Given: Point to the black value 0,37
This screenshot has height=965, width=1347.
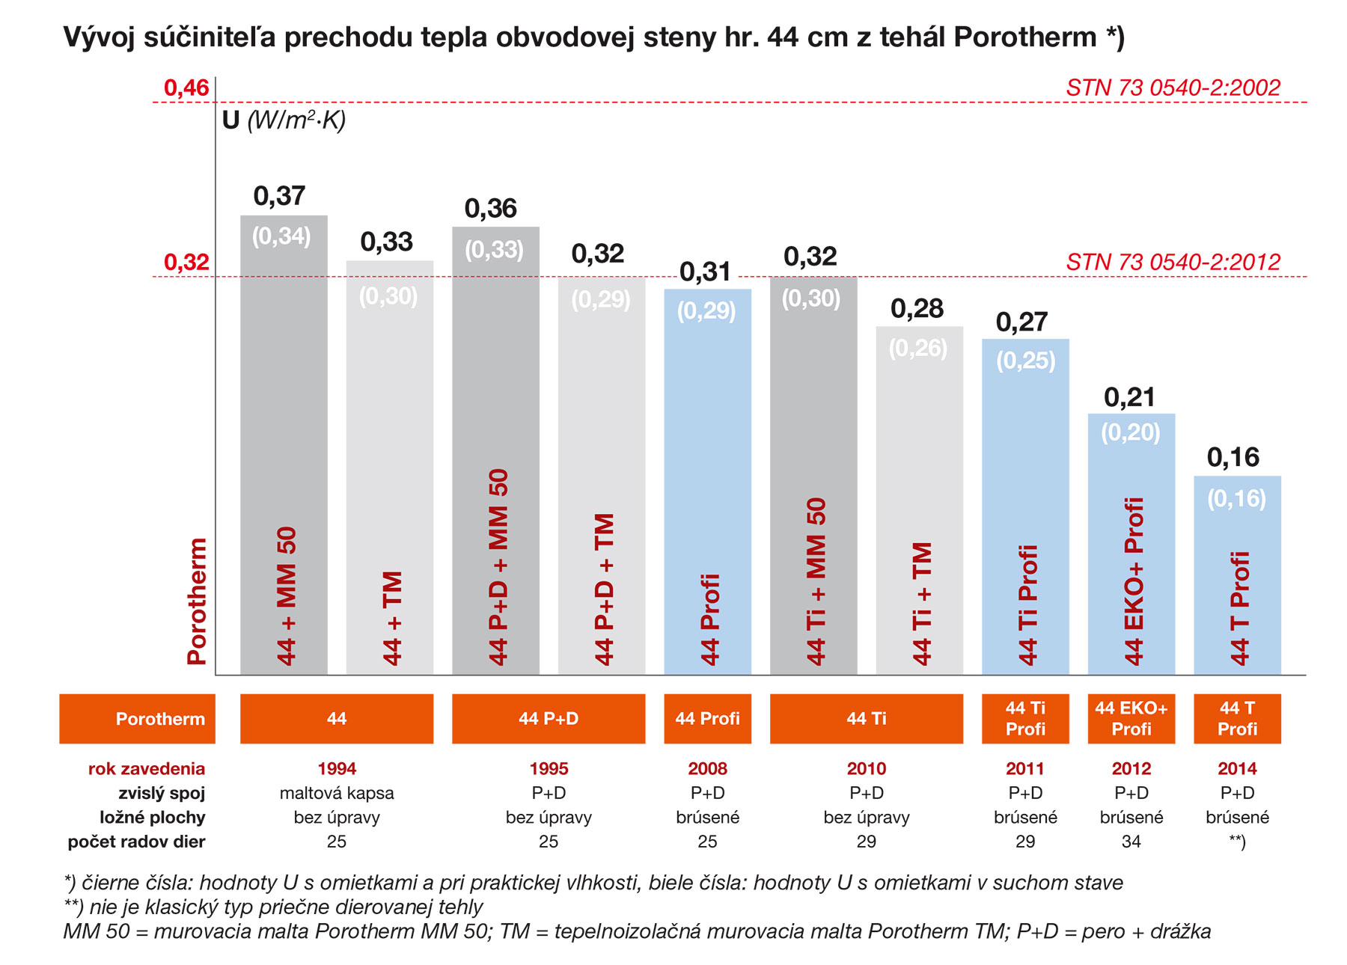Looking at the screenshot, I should (x=279, y=196).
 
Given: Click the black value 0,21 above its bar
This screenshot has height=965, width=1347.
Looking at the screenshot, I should (x=1129, y=397).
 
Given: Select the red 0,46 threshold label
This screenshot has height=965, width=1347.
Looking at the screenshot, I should (x=186, y=88).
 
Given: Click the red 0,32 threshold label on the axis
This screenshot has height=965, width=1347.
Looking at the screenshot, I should (x=186, y=263).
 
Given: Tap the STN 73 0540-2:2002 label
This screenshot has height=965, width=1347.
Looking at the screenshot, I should (x=1173, y=88).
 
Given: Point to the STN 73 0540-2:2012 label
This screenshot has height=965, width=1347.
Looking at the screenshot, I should (x=1173, y=263).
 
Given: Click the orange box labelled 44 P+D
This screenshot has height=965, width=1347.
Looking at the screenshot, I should (x=549, y=719).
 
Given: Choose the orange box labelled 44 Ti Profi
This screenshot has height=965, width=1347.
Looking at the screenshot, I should (x=1025, y=719).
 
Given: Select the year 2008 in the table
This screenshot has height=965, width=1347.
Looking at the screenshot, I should (x=707, y=769).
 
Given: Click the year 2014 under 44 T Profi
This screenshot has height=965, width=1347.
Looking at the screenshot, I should (x=1237, y=769).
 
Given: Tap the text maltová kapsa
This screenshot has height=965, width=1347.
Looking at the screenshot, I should (x=337, y=793).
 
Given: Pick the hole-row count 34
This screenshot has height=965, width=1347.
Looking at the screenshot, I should (x=1131, y=842).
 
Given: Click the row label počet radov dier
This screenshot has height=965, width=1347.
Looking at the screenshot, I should (x=136, y=842).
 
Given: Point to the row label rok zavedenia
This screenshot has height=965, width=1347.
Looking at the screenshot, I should (x=147, y=769).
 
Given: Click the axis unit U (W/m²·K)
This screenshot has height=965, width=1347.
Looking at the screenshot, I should (x=284, y=120).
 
